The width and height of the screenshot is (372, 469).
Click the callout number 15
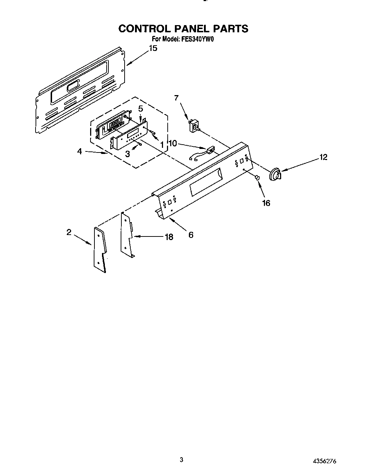[153, 48]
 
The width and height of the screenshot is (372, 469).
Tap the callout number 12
[324, 157]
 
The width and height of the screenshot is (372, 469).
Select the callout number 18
[168, 237]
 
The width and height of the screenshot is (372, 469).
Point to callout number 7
[176, 98]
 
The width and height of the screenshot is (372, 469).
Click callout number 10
[173, 144]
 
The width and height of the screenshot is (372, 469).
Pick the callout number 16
[266, 203]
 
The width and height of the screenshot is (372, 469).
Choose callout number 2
[69, 232]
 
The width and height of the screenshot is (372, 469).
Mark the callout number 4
[79, 151]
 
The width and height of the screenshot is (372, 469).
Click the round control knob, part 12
[275, 174]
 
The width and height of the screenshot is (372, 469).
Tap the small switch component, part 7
[195, 126]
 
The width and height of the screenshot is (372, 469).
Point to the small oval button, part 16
[257, 178]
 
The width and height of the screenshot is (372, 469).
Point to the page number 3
[182, 460]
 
